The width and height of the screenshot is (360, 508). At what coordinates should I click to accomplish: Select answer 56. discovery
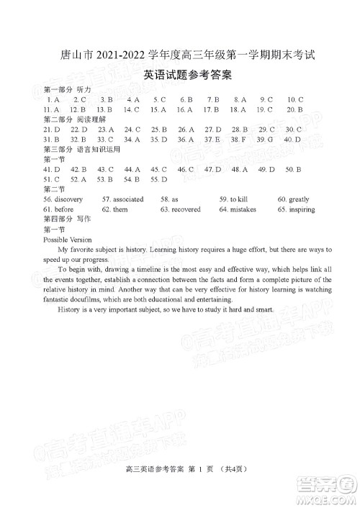63,199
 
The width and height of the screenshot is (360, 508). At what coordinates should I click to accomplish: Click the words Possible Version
68,239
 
